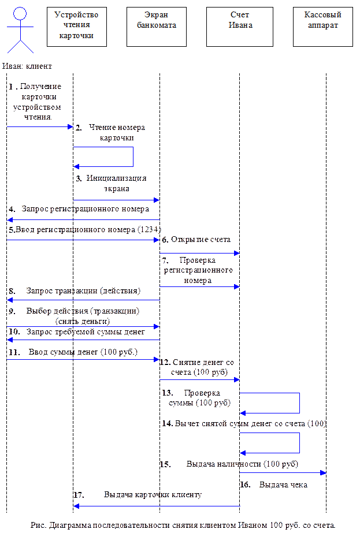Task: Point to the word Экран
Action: [157, 15]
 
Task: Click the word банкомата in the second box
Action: [157, 25]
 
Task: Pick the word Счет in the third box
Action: [239, 15]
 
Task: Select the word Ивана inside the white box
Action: [239, 25]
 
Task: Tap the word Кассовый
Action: [322, 15]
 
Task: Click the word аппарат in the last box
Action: [322, 25]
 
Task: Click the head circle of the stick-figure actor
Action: [21, 13]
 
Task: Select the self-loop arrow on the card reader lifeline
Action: [133, 157]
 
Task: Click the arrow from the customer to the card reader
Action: [40, 126]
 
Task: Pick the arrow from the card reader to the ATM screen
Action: [116, 200]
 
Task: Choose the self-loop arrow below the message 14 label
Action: [299, 443]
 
